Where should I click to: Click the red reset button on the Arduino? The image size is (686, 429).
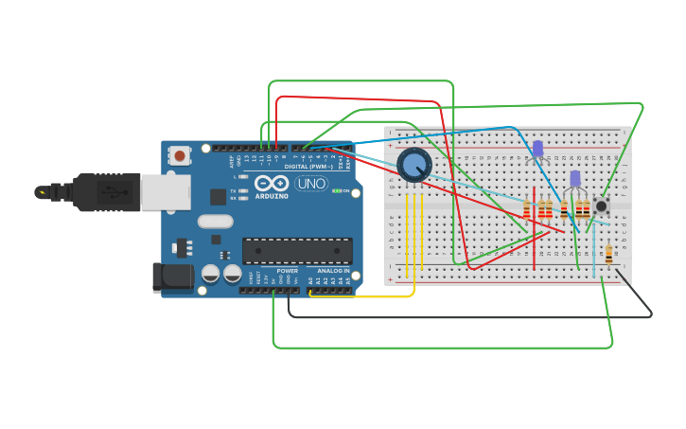coord(180,154)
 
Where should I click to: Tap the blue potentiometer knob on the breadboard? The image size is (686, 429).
coord(413,166)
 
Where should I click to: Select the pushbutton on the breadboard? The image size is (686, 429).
coord(601,206)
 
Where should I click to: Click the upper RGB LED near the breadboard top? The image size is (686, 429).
coord(537,149)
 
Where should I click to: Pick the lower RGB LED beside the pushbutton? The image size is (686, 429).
coord(574,179)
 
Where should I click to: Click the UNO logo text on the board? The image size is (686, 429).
coord(311,183)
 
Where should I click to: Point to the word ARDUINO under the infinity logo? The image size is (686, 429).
coord(271,196)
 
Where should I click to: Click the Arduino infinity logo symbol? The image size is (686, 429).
coord(271,182)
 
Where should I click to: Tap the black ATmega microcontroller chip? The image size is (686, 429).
coord(297,250)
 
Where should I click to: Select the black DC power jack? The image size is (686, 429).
coord(173,277)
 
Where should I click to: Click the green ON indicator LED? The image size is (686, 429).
coord(337,191)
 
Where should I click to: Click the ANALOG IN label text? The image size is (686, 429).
coord(332,271)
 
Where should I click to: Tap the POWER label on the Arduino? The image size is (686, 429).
coord(287,271)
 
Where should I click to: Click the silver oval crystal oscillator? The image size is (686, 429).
coord(215,222)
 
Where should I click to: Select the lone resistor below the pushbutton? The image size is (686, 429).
coord(608,253)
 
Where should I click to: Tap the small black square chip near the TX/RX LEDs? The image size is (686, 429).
coord(219,197)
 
